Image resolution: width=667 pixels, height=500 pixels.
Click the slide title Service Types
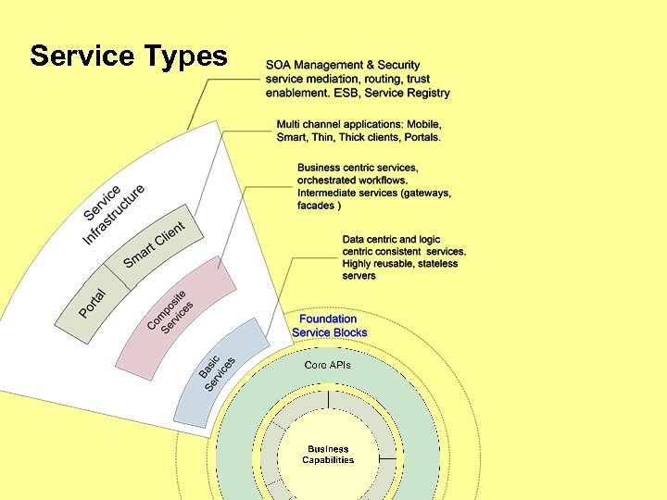tap(128, 56)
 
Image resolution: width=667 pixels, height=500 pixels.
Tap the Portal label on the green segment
tap(93, 305)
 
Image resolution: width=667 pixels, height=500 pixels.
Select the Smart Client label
tap(154, 244)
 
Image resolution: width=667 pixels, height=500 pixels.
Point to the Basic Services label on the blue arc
tap(217, 371)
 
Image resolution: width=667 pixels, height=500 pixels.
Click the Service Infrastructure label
tap(113, 214)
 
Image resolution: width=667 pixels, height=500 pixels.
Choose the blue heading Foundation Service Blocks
tap(329, 326)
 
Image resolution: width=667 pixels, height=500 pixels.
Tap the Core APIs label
tap(328, 365)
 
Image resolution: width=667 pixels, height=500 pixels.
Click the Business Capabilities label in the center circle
tap(328, 455)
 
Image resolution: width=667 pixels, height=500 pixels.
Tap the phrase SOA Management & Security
tap(343, 65)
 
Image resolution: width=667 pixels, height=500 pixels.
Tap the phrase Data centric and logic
tap(391, 239)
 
